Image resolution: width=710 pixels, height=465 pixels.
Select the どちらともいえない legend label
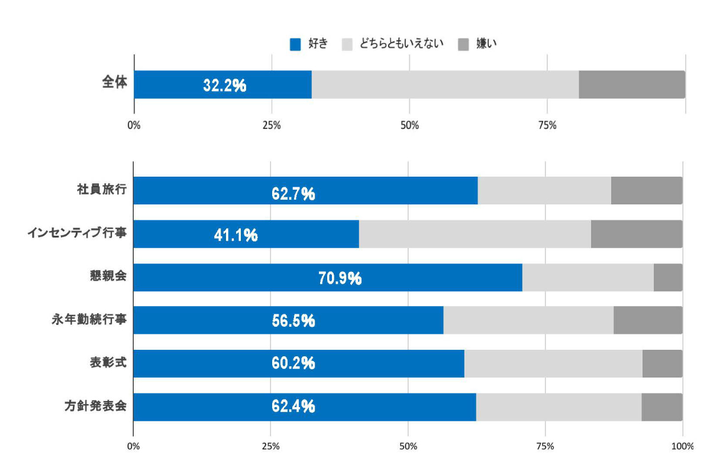[402, 44]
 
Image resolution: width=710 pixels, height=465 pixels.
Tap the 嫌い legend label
[486, 44]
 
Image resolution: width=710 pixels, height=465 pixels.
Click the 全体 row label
[114, 83]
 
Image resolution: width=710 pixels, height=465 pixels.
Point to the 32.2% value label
[224, 86]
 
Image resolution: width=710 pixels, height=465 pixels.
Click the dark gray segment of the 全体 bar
[631, 84]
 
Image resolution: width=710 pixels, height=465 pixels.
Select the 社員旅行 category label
[102, 190]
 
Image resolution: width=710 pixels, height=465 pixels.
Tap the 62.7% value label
[293, 193]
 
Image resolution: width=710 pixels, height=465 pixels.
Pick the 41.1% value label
[235, 236]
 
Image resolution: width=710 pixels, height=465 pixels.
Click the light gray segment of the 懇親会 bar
[588, 277]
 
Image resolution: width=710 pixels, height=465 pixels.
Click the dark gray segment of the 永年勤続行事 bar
[647, 320]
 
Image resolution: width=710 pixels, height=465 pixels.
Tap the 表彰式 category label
[108, 363]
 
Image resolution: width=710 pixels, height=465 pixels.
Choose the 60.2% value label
[293, 364]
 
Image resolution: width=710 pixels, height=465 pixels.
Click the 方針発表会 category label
[96, 407]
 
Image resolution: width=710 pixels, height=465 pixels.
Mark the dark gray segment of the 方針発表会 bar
[661, 407]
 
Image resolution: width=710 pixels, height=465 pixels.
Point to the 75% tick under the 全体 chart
[547, 125]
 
